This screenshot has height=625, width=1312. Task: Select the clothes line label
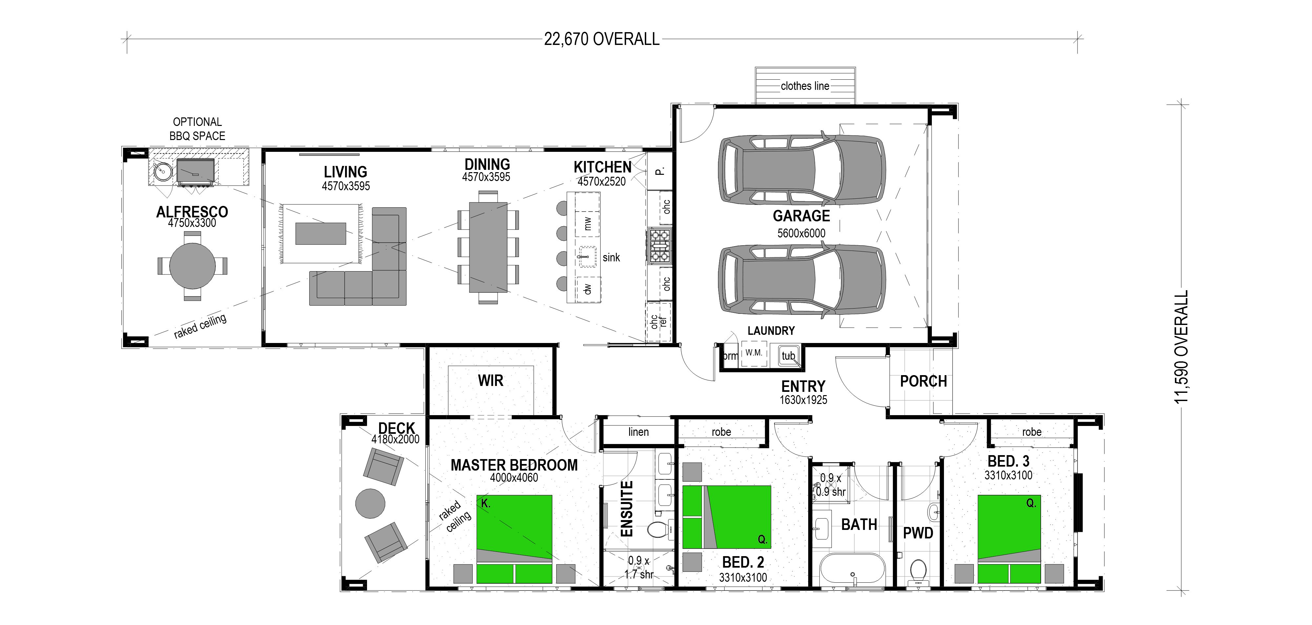click(805, 86)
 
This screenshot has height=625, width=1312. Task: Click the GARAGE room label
click(801, 216)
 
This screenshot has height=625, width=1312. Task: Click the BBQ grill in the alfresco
click(195, 171)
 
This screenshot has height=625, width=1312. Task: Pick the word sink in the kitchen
click(611, 258)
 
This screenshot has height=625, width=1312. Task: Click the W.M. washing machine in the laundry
click(754, 353)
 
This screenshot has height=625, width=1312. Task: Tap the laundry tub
click(788, 355)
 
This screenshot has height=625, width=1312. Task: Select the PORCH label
click(923, 381)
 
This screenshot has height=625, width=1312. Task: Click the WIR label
click(490, 380)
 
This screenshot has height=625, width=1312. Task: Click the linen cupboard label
click(639, 432)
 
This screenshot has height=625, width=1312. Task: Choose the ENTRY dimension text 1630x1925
click(803, 400)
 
